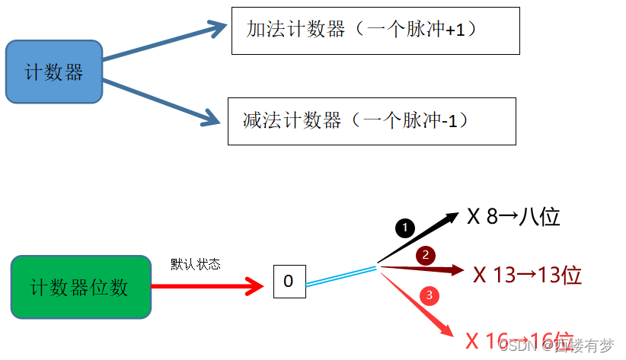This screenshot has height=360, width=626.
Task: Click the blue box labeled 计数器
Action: [x=53, y=72]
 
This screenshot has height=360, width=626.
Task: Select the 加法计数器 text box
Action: [x=375, y=30]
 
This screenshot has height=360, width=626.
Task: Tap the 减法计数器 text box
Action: [x=371, y=120]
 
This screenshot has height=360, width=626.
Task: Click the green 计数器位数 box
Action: [x=79, y=287]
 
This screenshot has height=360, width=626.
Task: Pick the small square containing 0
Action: [x=289, y=281]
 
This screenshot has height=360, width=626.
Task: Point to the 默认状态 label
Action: [x=196, y=264]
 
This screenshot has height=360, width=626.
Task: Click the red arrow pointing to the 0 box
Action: [x=206, y=287]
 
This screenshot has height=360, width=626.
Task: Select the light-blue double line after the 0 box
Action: [x=341, y=276]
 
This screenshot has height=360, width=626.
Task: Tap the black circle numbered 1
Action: [x=405, y=227]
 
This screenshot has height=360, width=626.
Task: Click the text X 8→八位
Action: [x=513, y=217]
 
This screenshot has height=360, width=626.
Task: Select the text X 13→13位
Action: [x=527, y=275]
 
